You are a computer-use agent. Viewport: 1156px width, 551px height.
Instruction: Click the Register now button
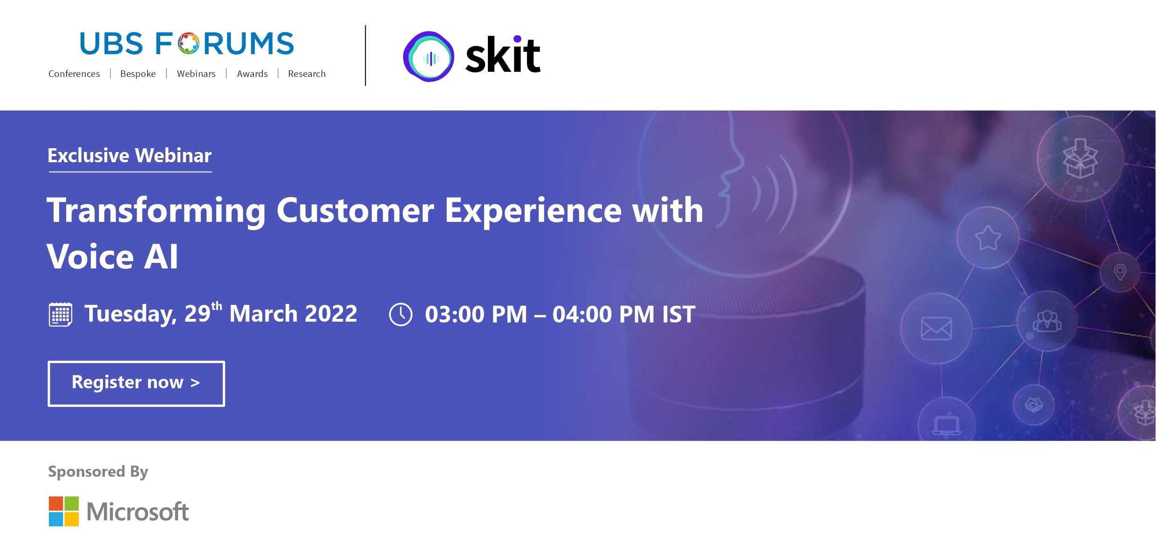(x=136, y=383)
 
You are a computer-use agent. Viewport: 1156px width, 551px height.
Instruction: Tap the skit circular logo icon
(x=429, y=56)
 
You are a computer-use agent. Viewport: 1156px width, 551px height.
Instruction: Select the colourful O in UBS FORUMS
(x=188, y=43)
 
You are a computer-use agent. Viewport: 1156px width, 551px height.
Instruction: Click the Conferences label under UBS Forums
(x=74, y=74)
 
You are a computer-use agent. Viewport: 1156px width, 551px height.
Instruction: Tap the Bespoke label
(x=138, y=74)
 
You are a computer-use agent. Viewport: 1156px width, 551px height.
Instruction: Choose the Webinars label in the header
(x=196, y=74)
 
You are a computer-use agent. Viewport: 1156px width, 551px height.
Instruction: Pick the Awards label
(x=252, y=74)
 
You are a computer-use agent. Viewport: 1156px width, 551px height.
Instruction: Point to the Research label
(x=307, y=74)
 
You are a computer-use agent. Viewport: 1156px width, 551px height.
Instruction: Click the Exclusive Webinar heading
(x=130, y=155)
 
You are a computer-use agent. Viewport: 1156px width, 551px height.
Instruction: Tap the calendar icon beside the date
(x=61, y=314)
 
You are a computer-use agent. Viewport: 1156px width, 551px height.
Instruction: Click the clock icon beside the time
(x=401, y=314)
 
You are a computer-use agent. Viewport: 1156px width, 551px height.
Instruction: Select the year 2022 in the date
(x=331, y=314)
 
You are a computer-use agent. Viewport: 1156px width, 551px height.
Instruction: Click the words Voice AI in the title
(x=112, y=256)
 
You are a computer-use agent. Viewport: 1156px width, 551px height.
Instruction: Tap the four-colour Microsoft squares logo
(x=64, y=511)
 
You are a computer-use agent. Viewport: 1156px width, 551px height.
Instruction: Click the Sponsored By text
(x=98, y=472)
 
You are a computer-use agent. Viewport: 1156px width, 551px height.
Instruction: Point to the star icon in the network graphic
(x=988, y=238)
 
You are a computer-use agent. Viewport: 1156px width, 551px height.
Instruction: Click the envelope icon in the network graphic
(x=936, y=329)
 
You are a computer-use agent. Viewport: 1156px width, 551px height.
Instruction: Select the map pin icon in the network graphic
(x=1120, y=272)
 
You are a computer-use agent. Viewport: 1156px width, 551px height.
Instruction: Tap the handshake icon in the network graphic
(x=1033, y=404)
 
